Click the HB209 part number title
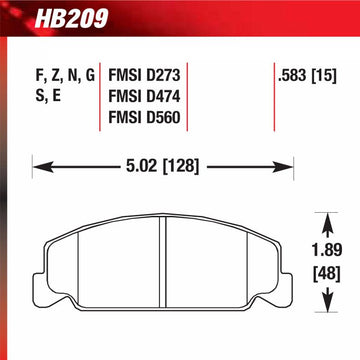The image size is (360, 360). tap(71, 18)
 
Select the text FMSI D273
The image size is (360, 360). tap(144, 75)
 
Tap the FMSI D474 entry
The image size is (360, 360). tap(144, 96)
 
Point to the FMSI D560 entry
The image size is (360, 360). tap(144, 117)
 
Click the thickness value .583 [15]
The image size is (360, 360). tap(307, 76)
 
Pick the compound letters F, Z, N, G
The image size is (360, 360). tap(65, 76)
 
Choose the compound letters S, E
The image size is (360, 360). tap(48, 97)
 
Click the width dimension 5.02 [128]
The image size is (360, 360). tap(162, 167)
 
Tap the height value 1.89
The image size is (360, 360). tap(328, 250)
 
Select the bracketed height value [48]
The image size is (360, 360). tap(328, 275)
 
